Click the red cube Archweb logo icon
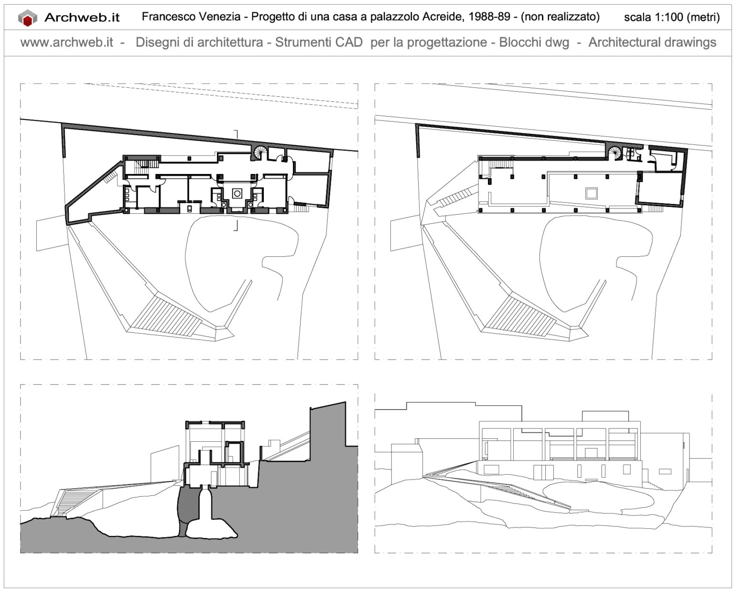[x=27, y=18]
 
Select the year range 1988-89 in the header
[x=493, y=17]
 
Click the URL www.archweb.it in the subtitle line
[x=66, y=43]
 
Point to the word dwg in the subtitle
[x=558, y=43]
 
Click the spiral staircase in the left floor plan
[x=261, y=153]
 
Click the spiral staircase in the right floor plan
[x=615, y=153]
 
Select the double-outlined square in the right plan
[x=592, y=193]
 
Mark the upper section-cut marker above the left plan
[x=236, y=133]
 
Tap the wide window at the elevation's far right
[x=665, y=472]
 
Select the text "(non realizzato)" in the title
[x=560, y=17]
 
